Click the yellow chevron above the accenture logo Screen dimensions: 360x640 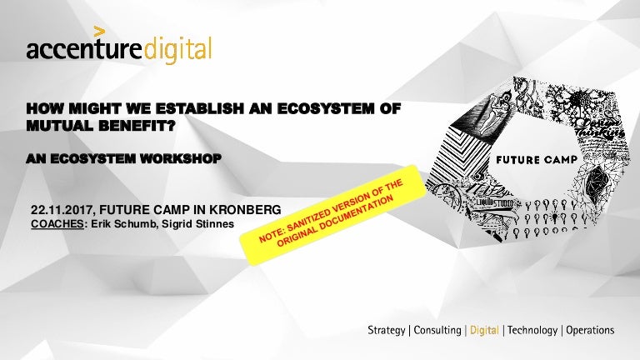[x=99, y=32]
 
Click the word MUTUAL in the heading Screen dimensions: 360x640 [x=60, y=123]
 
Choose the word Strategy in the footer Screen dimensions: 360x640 [x=387, y=331]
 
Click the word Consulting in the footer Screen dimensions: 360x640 [x=437, y=331]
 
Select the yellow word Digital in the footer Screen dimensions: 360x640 [x=484, y=331]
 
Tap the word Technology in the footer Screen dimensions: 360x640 [x=533, y=331]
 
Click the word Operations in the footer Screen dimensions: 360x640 [x=590, y=331]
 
